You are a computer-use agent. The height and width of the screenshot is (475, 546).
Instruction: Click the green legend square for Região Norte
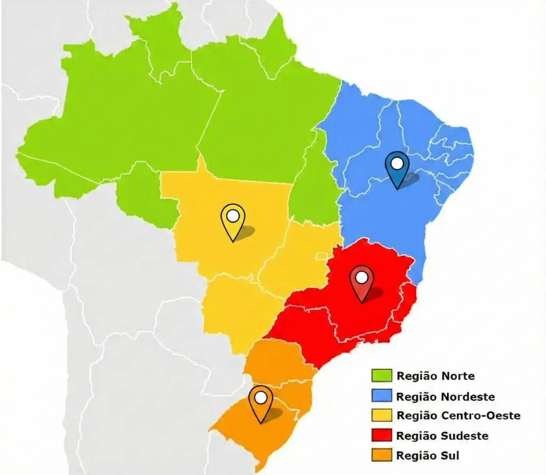point(382,375)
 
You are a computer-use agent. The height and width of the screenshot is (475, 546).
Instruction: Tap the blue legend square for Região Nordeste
point(382,395)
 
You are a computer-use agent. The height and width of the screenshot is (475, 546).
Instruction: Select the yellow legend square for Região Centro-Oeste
point(382,415)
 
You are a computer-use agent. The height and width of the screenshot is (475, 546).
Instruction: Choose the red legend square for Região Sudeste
point(382,436)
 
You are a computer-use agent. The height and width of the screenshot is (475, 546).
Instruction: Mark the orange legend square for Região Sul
point(382,455)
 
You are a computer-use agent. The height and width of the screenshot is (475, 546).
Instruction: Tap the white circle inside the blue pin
point(398,163)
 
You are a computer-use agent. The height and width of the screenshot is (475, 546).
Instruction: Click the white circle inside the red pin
point(362,278)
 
